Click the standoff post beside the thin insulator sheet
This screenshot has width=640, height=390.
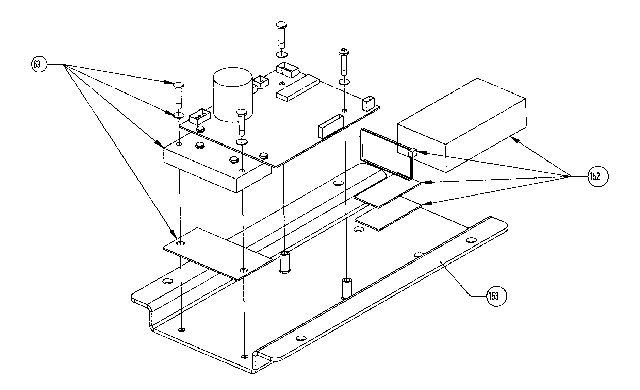284,262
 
